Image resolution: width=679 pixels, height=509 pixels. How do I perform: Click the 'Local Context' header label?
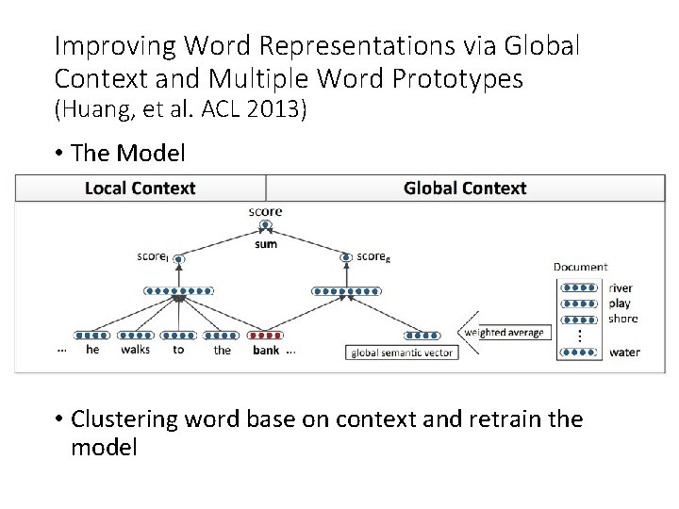[x=140, y=188]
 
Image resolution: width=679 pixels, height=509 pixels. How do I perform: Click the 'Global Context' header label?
[x=464, y=188]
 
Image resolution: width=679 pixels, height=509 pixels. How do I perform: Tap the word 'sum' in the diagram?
[x=266, y=243]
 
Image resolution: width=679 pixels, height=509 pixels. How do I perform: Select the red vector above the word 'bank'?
[x=266, y=335]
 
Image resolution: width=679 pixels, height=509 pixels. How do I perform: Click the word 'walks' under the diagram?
[x=135, y=351]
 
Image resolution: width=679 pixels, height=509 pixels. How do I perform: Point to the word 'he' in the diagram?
[x=91, y=351]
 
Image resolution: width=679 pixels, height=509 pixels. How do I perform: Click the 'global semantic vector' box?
[x=403, y=353]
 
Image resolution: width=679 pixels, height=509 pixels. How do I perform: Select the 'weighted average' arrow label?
[x=505, y=332]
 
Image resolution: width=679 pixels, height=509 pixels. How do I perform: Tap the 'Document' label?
[x=580, y=267]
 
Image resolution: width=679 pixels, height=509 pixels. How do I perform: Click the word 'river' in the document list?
[x=621, y=287]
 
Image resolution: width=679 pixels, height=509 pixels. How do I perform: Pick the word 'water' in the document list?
[x=623, y=353]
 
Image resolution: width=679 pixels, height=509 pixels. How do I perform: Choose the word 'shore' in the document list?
[x=622, y=319]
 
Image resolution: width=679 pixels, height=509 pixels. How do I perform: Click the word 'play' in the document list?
[x=620, y=304]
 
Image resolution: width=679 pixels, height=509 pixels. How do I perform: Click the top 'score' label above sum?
[x=266, y=211]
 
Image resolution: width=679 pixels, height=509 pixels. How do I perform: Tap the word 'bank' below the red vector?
[x=266, y=351]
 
